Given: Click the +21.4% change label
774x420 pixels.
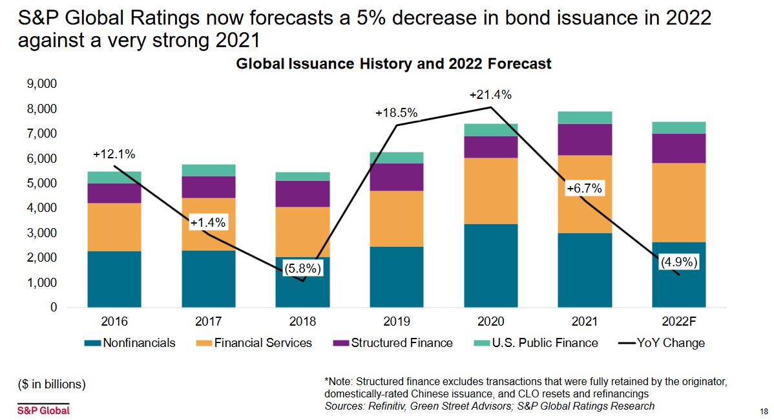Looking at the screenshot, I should point(490,95).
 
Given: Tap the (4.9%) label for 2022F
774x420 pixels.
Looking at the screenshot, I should point(679,263).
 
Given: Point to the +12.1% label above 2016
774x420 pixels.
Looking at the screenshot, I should point(114,154).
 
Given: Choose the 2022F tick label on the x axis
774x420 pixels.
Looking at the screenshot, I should point(679,321).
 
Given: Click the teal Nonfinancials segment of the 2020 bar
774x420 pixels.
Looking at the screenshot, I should point(491,265).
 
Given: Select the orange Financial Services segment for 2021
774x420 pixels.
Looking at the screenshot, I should point(585,194).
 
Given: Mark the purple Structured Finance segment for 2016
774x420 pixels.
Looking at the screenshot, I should point(114,193).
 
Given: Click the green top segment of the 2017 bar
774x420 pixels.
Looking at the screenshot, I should point(209,170).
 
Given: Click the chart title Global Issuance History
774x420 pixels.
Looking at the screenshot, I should point(393,64).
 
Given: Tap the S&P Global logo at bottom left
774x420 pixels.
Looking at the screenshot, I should point(43,410).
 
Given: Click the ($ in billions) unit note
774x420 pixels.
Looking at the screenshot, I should point(51,384).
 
